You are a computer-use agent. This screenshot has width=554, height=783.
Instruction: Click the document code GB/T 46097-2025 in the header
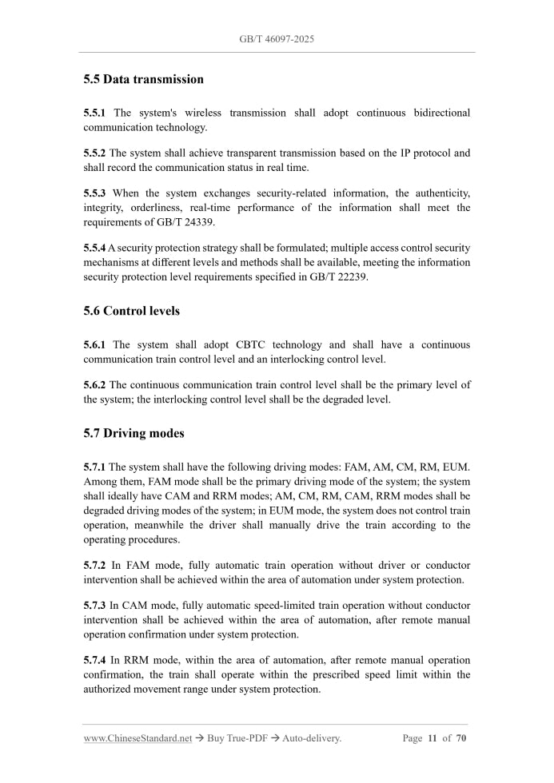point(277,38)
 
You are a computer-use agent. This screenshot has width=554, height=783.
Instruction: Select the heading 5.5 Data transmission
point(143,79)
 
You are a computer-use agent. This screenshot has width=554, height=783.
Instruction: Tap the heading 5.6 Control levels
point(131,311)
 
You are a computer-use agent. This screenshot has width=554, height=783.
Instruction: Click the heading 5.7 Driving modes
point(134,433)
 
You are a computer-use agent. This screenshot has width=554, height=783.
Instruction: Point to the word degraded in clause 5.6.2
point(335,399)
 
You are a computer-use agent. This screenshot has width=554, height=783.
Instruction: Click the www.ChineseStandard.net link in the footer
point(138,739)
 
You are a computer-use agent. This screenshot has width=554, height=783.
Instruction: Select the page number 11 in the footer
point(432,739)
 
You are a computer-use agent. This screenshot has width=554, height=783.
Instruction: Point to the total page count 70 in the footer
point(461,739)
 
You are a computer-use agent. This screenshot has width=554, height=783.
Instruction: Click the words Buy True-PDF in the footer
point(236,739)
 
